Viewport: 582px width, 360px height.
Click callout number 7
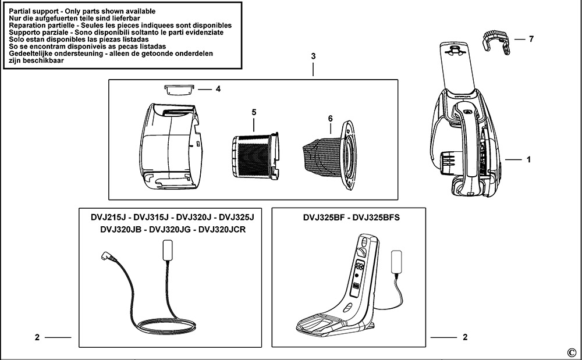[531, 39]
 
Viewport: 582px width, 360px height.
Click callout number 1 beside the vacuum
[528, 159]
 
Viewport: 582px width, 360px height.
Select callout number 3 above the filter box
[313, 56]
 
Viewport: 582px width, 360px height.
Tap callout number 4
[218, 89]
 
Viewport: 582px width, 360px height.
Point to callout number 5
[254, 112]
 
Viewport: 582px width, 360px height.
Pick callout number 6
[330, 119]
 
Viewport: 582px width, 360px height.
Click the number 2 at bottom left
[37, 337]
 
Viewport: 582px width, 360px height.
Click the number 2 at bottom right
[464, 337]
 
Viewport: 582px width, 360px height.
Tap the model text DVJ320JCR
[223, 229]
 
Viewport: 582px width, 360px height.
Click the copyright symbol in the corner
[570, 352]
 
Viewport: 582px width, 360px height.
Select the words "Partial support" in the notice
[34, 12]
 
